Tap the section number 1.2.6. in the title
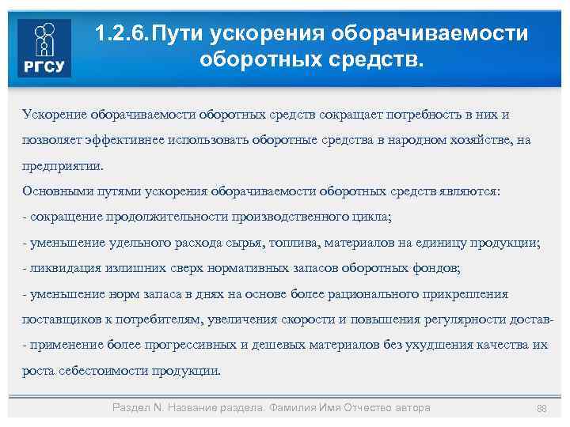click(122, 33)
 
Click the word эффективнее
click(120, 141)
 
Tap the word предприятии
click(63, 166)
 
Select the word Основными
click(58, 192)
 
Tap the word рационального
click(352, 295)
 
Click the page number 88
click(541, 408)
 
